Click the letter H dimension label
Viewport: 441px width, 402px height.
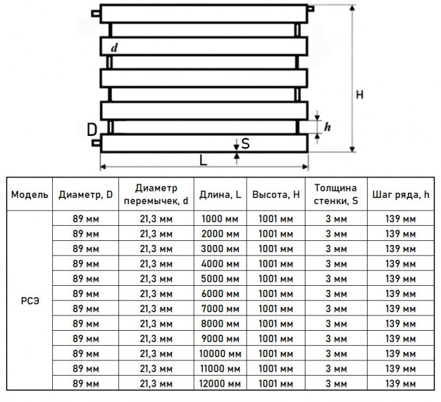pyautogui.click(x=360, y=94)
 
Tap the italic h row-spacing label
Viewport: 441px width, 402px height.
pyautogui.click(x=327, y=127)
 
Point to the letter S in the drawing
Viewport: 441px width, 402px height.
pyautogui.click(x=245, y=143)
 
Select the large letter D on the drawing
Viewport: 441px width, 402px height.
pyautogui.click(x=92, y=129)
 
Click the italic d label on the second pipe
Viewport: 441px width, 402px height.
pyautogui.click(x=114, y=48)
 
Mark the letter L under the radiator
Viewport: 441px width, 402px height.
pyautogui.click(x=203, y=160)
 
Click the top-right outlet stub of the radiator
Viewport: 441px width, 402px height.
pyautogui.click(x=311, y=9)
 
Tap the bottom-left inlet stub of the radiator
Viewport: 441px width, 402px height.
pyautogui.click(x=96, y=143)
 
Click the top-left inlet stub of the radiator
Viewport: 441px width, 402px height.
pyautogui.click(x=96, y=13)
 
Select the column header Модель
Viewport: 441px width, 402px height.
pyautogui.click(x=30, y=194)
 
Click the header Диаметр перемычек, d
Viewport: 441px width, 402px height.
pyautogui.click(x=156, y=194)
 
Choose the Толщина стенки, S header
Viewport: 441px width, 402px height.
pyautogui.click(x=336, y=194)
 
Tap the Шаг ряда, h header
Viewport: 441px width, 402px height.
pyautogui.click(x=401, y=195)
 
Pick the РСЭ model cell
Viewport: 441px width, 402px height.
pyautogui.click(x=30, y=301)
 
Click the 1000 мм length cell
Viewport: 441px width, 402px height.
pyautogui.click(x=220, y=218)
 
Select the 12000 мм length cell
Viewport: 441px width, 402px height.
pyautogui.click(x=220, y=384)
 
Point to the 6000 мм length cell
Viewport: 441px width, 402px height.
pyautogui.click(x=220, y=294)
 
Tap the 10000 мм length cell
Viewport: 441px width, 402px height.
pyautogui.click(x=220, y=353)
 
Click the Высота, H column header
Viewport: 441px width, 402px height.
pyautogui.click(x=276, y=194)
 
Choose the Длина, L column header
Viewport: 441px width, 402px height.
pyautogui.click(x=220, y=195)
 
